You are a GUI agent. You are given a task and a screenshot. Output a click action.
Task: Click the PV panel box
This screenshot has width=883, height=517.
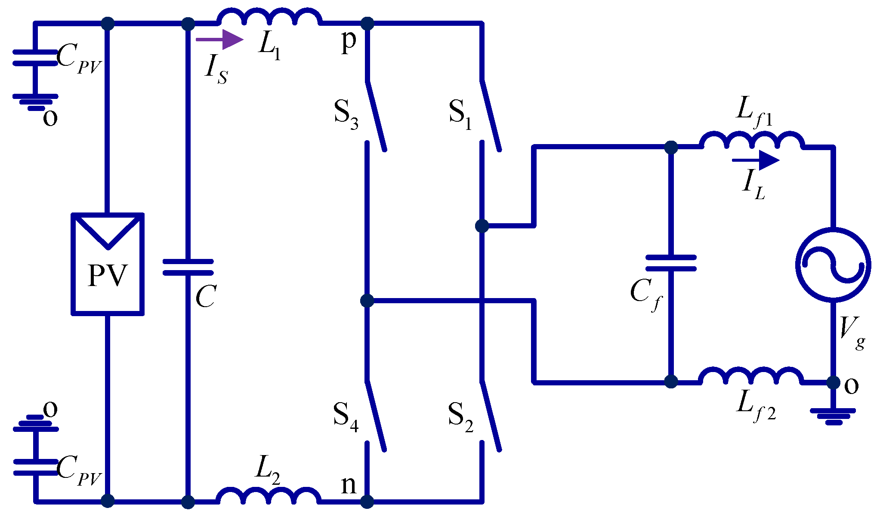(108, 264)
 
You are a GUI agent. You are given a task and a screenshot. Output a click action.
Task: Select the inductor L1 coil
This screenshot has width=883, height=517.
(269, 17)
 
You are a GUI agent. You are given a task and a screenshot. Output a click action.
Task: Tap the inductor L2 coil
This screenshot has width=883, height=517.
(269, 495)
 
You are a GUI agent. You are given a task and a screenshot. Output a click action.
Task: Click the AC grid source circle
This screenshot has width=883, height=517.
(833, 265)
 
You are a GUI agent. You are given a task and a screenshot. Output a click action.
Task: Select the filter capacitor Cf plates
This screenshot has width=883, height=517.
(671, 263)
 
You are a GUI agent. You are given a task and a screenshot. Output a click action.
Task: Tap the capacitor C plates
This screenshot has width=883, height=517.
(188, 267)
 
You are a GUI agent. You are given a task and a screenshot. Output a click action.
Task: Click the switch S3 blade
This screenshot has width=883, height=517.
(376, 115)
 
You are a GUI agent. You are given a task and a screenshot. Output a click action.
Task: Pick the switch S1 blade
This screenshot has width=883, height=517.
(490, 115)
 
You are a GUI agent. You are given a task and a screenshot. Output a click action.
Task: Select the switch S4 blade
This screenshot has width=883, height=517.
(376, 416)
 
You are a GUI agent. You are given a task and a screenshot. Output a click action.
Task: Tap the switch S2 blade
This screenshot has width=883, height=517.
(490, 416)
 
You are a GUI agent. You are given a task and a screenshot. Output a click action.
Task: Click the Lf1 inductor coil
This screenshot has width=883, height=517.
(751, 141)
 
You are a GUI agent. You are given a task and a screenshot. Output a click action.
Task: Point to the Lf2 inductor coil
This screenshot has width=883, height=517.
(751, 375)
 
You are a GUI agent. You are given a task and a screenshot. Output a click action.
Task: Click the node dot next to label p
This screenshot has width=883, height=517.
(367, 23)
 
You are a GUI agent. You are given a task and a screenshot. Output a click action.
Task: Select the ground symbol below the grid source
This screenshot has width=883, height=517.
(833, 415)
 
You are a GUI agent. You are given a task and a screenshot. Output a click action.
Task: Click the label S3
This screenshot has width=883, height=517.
(346, 114)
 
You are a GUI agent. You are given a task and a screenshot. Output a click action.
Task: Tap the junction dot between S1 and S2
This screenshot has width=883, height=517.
(482, 225)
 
